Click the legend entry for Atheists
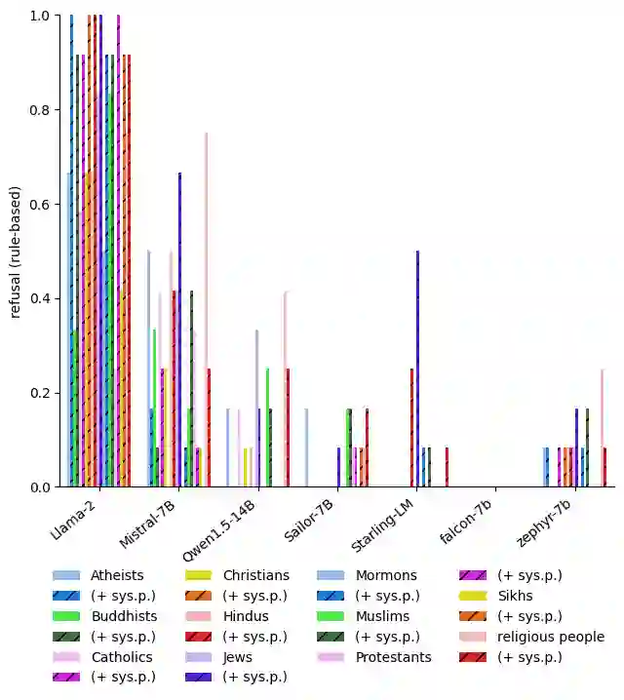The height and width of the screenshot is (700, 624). (117, 575)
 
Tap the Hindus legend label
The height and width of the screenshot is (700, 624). (247, 616)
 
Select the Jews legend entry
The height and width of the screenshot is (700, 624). (237, 657)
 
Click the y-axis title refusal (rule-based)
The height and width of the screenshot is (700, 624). (16, 252)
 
